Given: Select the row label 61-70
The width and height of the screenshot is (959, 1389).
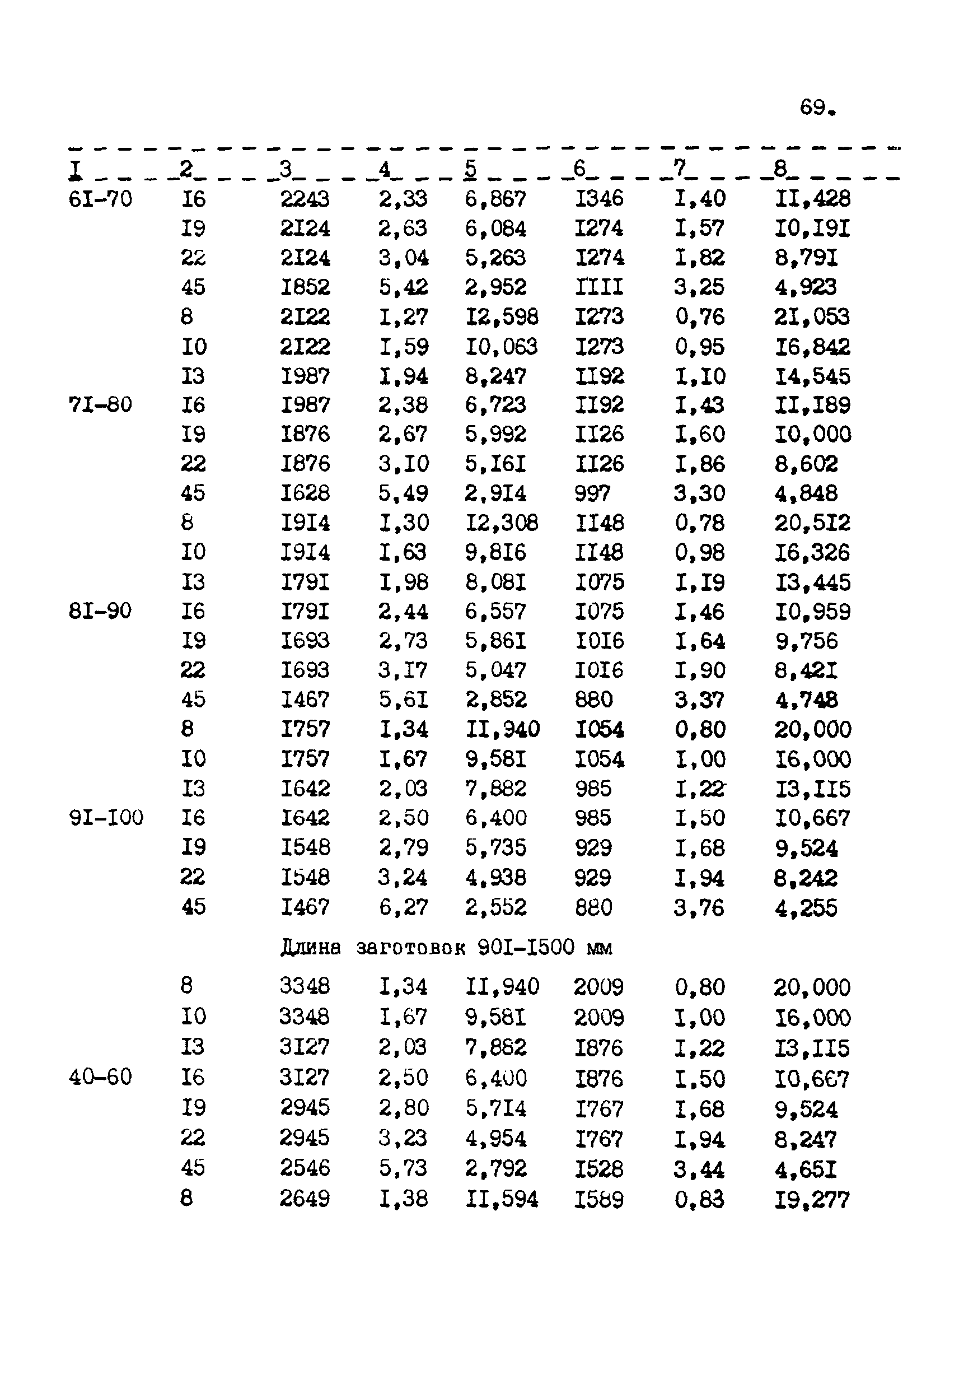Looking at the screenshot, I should coord(100,198).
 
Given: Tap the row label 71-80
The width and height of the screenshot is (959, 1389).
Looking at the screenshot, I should coord(100,404).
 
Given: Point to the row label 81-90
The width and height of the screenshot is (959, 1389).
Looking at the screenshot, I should coord(100,610).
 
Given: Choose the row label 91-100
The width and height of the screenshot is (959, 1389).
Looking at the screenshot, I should coord(106,817).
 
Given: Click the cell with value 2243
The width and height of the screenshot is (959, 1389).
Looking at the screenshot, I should coord(305,198).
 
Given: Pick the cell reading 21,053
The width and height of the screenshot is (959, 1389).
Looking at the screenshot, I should coord(812,317).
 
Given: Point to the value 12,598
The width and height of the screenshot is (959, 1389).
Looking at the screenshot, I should coord(502,317).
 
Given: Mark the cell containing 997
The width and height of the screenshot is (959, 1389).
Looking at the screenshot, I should coord(592,493).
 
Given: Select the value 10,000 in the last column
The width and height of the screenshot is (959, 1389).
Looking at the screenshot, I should coord(812,434).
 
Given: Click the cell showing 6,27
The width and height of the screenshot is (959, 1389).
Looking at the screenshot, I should coord(403,907).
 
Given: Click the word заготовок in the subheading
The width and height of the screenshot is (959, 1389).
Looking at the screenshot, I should coord(411,948).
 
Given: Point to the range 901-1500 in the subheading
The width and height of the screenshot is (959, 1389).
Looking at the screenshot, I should coord(526,947).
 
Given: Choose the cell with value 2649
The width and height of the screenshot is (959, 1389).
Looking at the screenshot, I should coord(305,1199).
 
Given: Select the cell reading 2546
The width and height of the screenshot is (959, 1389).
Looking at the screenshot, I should coord(305,1168).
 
